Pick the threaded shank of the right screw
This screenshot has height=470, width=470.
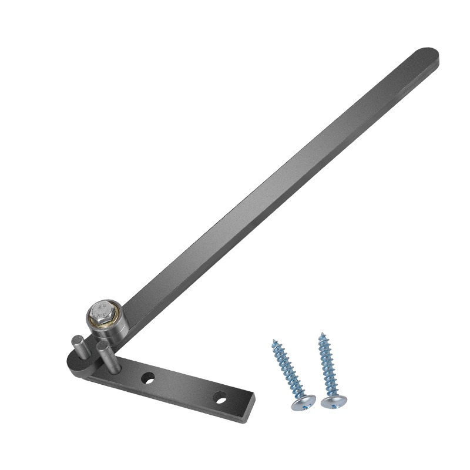(327, 367)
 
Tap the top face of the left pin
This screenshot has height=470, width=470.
(77, 338)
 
